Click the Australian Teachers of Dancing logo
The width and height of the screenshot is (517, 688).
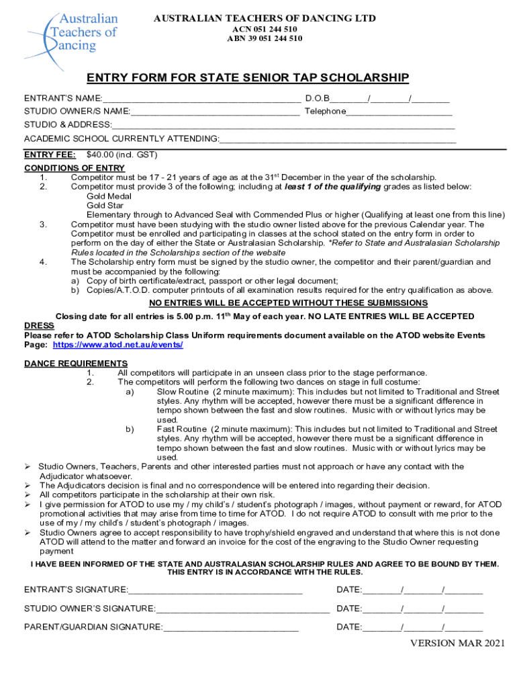(72, 32)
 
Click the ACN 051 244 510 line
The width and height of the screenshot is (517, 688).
(265, 30)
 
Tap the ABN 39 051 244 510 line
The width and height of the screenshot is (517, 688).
(265, 39)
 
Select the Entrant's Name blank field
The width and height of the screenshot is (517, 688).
(201, 98)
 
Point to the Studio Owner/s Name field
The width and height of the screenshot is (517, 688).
(215, 112)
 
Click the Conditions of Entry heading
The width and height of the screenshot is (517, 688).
(75, 168)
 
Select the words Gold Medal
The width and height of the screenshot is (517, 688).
(109, 196)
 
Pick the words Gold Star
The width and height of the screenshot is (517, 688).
(105, 206)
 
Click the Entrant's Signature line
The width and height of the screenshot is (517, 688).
(215, 591)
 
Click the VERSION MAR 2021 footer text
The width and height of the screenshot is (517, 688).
(457, 644)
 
